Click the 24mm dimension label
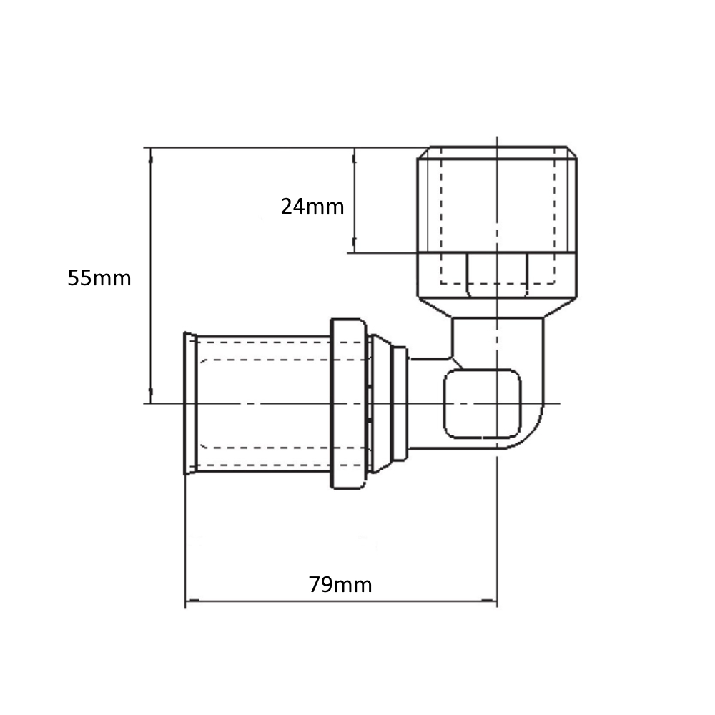click(x=312, y=207)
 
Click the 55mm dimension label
click(x=99, y=278)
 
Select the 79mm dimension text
click(x=340, y=585)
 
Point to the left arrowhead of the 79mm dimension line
click(x=189, y=601)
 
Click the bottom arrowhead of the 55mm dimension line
click(x=150, y=398)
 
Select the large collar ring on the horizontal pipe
click(x=348, y=404)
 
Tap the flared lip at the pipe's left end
click(x=190, y=403)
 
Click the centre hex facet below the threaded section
click(x=497, y=273)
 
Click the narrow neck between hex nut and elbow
click(x=497, y=336)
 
